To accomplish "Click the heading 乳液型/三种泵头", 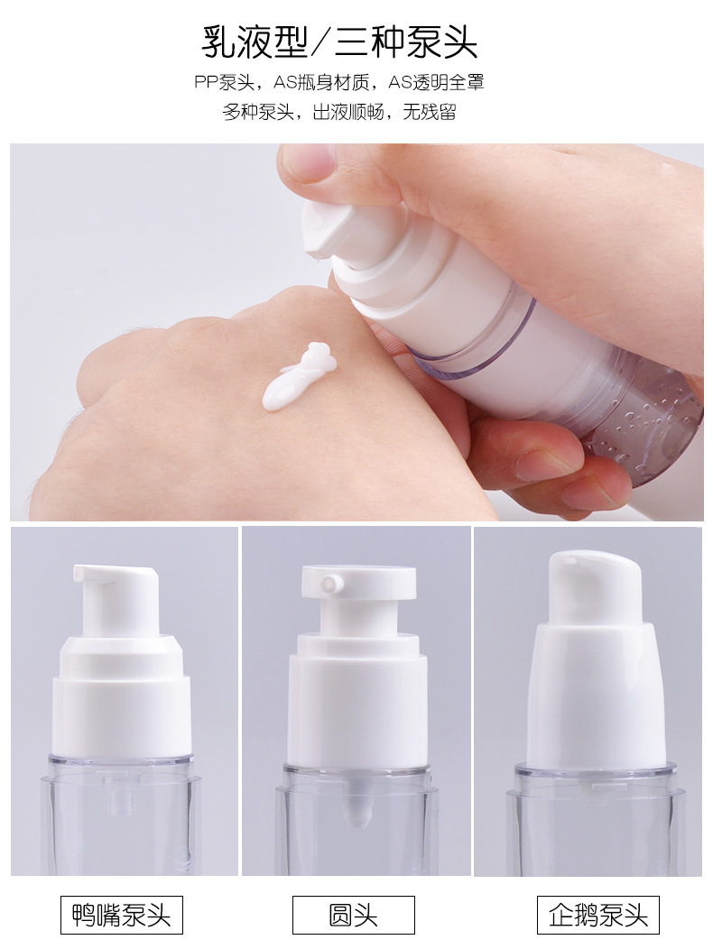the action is (x=339, y=42).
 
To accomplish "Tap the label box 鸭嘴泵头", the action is (x=121, y=915).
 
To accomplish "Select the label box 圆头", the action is (x=353, y=915).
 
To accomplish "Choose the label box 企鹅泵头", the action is (x=597, y=915).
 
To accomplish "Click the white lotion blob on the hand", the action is (x=298, y=376).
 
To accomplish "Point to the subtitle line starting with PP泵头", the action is (x=339, y=82).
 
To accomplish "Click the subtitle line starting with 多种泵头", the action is (x=339, y=112).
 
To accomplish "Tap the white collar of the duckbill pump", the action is (x=122, y=696).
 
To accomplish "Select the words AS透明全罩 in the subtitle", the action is (x=436, y=82).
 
